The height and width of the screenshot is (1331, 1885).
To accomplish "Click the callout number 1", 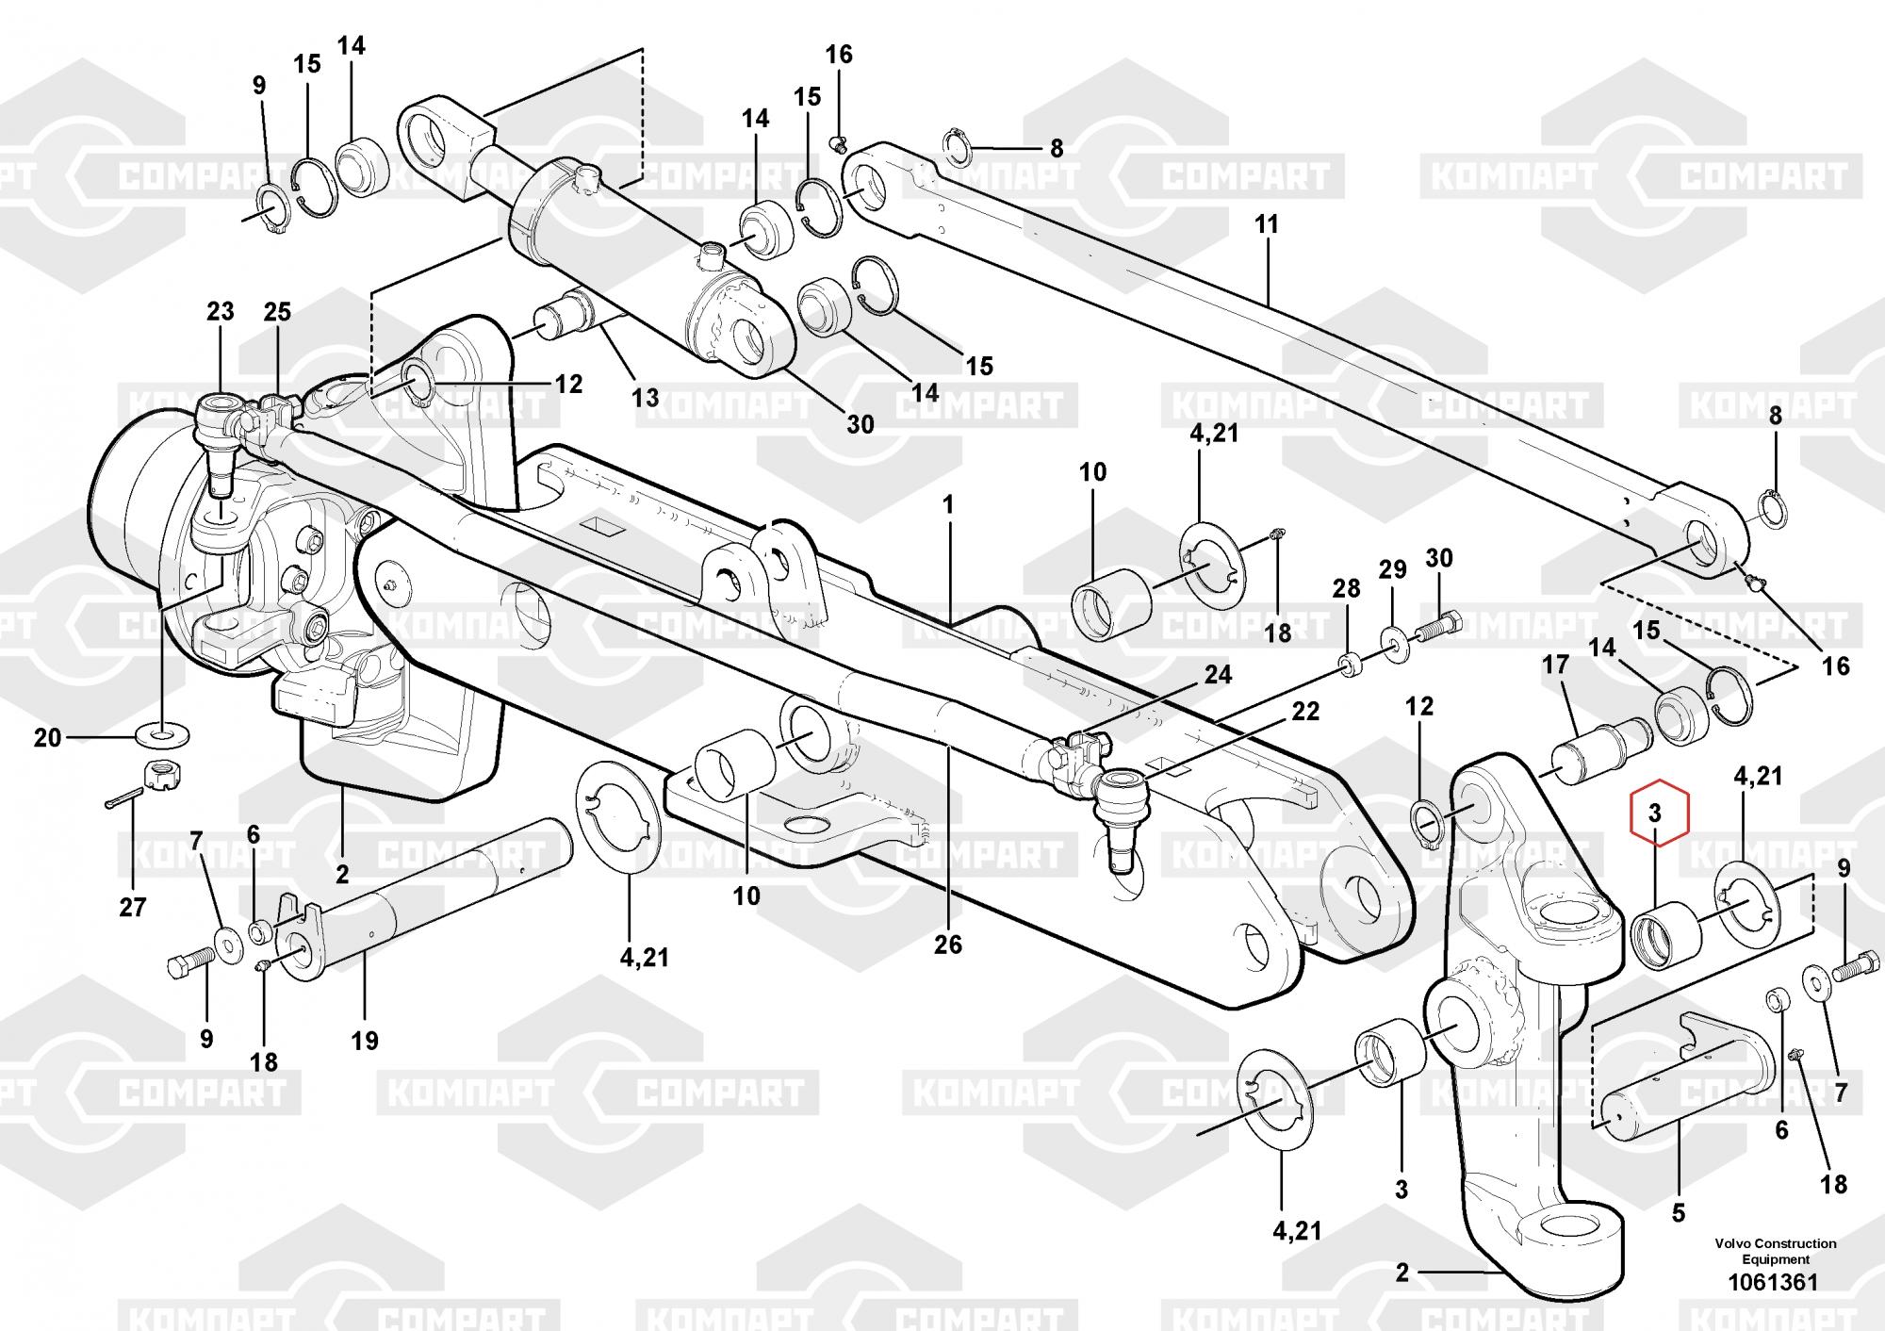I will pos(948,505).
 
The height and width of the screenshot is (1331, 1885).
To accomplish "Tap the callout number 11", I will pos(1267,224).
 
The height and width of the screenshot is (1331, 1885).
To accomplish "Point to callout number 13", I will pos(645,397).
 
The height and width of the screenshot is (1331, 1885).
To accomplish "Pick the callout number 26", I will pos(948,944).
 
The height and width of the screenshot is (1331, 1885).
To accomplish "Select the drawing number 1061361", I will pos(1772,1283).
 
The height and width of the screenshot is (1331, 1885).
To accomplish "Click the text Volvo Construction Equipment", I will pos(1775,1251).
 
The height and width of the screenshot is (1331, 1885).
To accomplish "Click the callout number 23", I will pos(220,311).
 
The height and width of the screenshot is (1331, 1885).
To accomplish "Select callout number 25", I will pos(277,311).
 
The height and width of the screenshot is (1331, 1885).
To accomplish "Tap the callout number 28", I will pos(1346,589).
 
